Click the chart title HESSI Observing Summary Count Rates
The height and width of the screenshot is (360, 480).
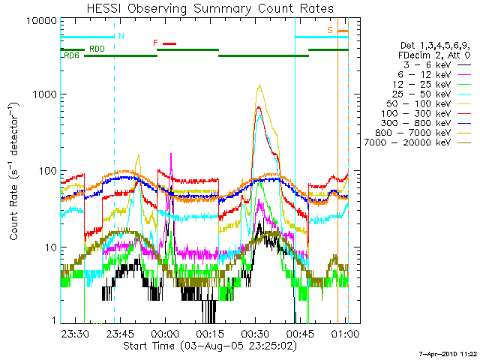tap(203, 8)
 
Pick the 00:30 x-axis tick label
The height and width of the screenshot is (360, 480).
tap(255, 332)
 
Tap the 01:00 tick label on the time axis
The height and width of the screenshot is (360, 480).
tap(345, 332)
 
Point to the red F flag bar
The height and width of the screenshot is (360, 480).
tap(169, 43)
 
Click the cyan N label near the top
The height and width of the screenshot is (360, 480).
tap(121, 36)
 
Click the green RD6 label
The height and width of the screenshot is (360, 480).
tap(72, 56)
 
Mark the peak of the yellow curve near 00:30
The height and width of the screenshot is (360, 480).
tap(259, 85)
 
